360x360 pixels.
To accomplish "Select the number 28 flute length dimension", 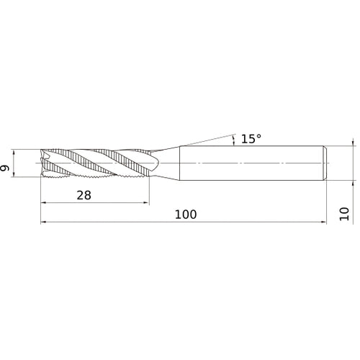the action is coord(84,195).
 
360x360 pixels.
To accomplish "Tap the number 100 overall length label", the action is coord(186,215).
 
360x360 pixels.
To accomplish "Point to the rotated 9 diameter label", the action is coord(4,168).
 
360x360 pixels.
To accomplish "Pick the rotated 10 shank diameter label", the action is coord(344,214).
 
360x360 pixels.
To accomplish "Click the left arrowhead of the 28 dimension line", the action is coord(43,203).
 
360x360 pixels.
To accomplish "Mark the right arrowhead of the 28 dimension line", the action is coord(146,203).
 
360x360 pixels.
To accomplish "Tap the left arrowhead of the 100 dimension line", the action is coord(43,222).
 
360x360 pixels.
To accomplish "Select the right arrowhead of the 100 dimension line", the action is coord(324,222).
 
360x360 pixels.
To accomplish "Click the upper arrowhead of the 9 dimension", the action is coord(14,152).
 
